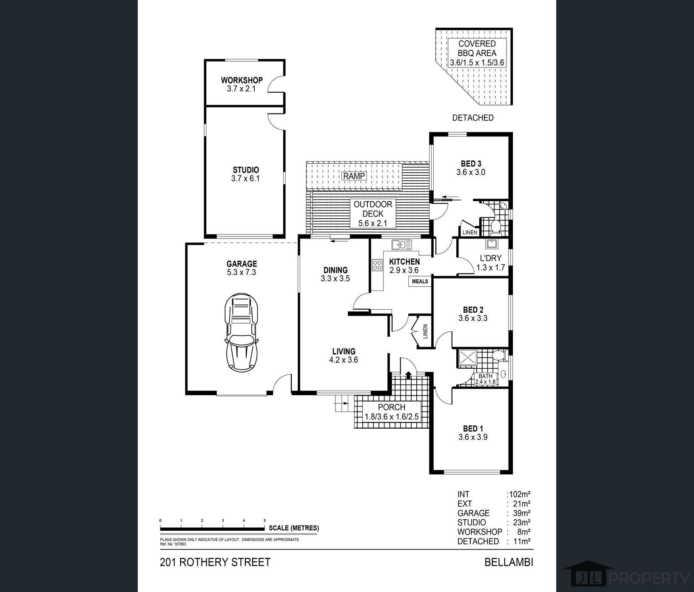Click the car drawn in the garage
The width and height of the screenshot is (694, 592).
point(242,332)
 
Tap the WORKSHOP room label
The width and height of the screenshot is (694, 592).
point(242,80)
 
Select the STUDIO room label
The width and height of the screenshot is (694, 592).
point(245,170)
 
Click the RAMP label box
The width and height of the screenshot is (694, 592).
point(355,176)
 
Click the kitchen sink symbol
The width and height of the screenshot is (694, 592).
point(401,245)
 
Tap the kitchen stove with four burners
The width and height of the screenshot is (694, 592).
point(377,265)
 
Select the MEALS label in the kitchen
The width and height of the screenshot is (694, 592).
point(420,282)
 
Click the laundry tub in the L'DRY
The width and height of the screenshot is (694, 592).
point(492,244)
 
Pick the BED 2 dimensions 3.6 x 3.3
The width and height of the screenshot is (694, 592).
point(473,318)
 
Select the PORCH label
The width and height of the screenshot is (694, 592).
point(391,407)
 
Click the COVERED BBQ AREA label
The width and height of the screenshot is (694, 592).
point(477,48)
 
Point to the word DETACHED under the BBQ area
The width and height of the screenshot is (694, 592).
point(473,118)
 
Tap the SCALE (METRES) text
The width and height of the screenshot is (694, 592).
point(294,528)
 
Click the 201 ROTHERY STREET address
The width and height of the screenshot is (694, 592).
point(215,562)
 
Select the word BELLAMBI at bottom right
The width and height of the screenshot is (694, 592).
point(509,562)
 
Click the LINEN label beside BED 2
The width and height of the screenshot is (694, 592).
point(425,332)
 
